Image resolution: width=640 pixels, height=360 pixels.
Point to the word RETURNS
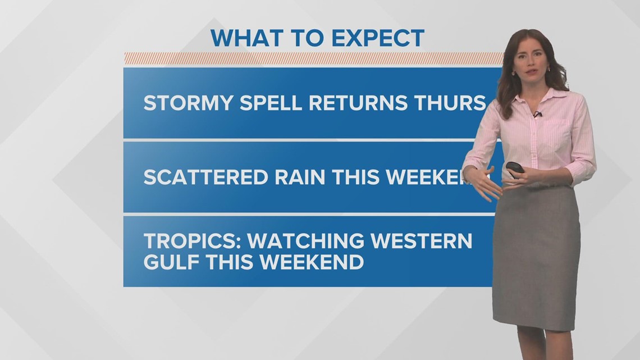[357, 103]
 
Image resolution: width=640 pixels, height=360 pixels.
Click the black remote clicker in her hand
[515, 168]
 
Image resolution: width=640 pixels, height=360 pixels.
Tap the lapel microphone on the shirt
[537, 115]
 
